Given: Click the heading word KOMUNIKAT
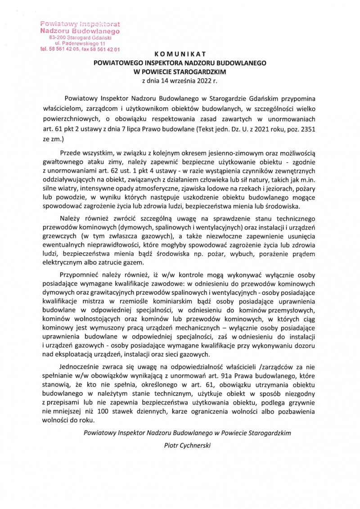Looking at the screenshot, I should pos(180,54).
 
